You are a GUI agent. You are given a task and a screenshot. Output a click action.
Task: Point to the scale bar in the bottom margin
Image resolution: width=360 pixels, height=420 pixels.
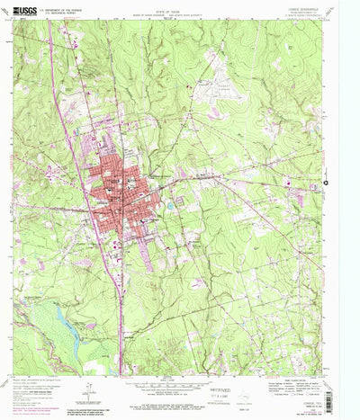pos(179,383)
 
